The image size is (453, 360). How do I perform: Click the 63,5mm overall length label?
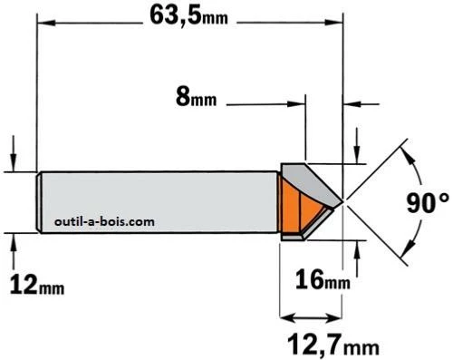click(x=188, y=15)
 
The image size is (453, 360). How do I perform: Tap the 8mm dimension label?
click(x=196, y=98)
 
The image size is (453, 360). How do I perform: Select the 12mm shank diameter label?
click(x=37, y=286)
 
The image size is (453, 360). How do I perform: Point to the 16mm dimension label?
click(x=323, y=280)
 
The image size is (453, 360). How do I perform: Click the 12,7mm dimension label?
click(x=333, y=345)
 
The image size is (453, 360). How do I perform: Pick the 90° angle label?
click(x=428, y=203)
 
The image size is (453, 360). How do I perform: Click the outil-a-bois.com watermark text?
click(x=104, y=222)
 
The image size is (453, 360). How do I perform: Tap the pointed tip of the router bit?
click(x=343, y=201)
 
